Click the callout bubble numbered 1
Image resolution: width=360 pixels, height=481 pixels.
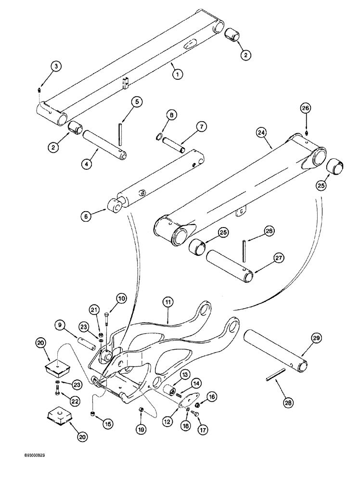pos(178,75)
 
